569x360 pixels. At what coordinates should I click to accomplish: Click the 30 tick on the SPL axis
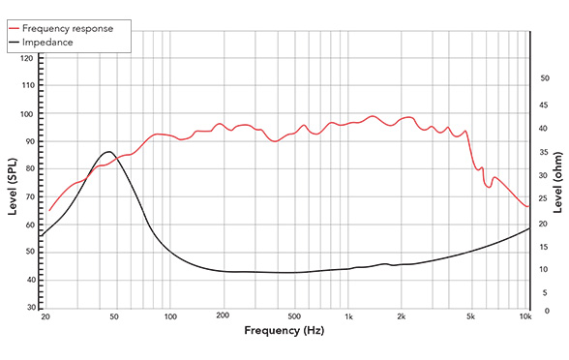[29, 308]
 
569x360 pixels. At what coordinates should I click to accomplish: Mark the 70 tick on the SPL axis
[29, 196]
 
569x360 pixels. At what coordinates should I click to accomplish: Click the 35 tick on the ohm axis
[545, 153]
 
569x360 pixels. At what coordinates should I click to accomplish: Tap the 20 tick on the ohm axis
[545, 224]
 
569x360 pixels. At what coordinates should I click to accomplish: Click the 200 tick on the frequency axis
[222, 315]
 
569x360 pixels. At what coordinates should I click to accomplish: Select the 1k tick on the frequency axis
[348, 315]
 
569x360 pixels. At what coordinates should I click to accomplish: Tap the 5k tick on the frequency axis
[470, 315]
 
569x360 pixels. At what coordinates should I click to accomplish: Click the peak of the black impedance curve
[108, 152]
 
